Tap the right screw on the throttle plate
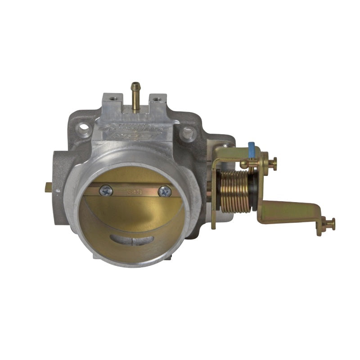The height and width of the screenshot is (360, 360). [x=165, y=191]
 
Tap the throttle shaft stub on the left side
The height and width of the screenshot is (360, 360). [x=49, y=189]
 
